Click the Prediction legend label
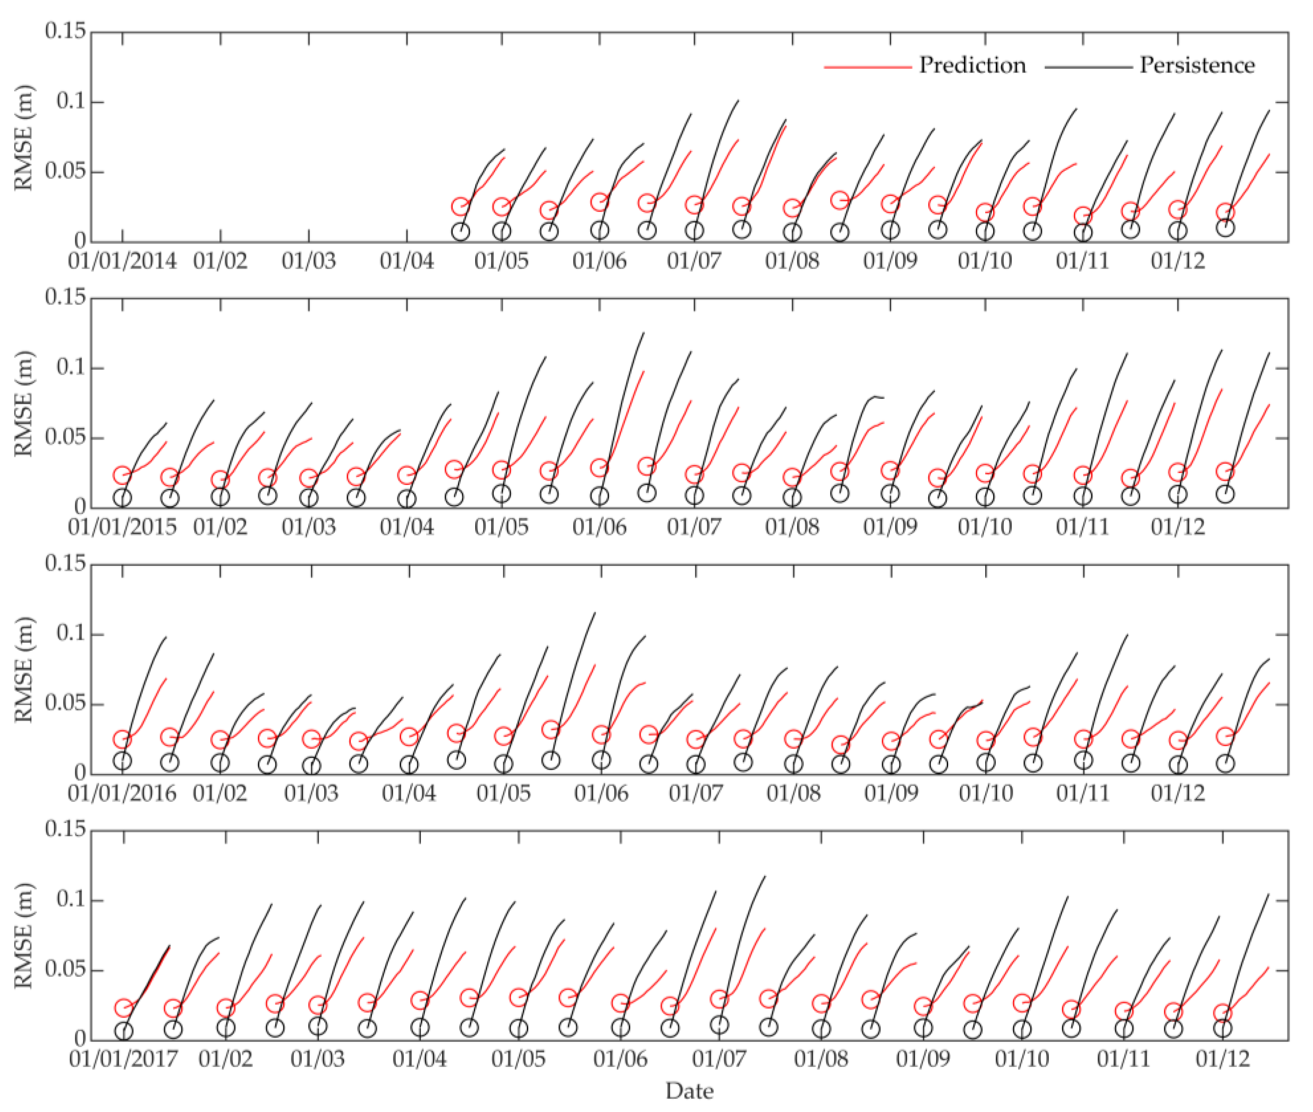coord(972,65)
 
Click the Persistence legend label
coord(1197,65)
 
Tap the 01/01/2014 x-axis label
coord(122,260)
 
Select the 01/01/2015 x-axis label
coord(122,526)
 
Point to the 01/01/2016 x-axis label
coord(122,793)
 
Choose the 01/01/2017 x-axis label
coord(124,1059)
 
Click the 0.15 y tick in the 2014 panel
coord(65,30)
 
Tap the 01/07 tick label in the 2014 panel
coord(694,260)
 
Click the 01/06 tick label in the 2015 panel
coord(600,526)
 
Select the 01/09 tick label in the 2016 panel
coord(891,793)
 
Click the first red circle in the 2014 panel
coord(461,206)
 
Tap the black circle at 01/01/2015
coord(122,497)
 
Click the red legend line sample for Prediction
coord(867,66)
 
